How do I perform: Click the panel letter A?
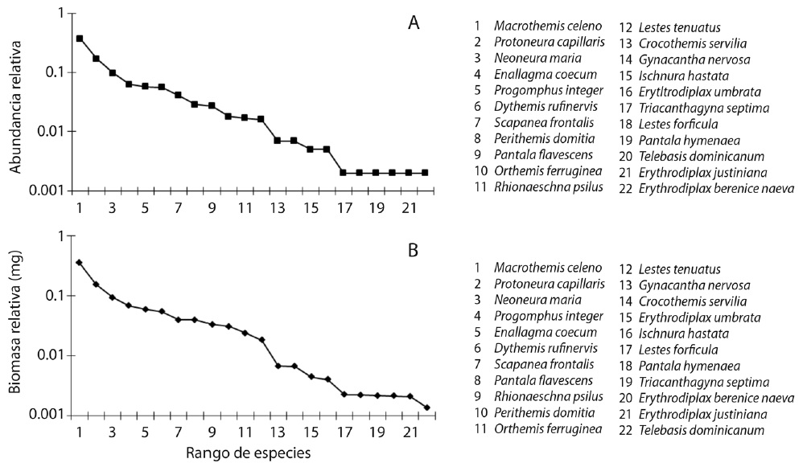(413, 23)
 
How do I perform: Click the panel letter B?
(413, 250)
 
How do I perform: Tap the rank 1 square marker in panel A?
(79, 38)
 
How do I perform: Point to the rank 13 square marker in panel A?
(278, 141)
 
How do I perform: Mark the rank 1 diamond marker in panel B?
(79, 262)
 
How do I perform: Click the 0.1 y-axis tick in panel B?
(58, 296)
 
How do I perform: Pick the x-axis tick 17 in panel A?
(344, 207)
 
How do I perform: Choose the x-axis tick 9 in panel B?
(212, 432)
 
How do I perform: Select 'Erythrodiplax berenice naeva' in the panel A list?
(716, 188)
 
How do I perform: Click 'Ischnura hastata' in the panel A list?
(680, 75)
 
